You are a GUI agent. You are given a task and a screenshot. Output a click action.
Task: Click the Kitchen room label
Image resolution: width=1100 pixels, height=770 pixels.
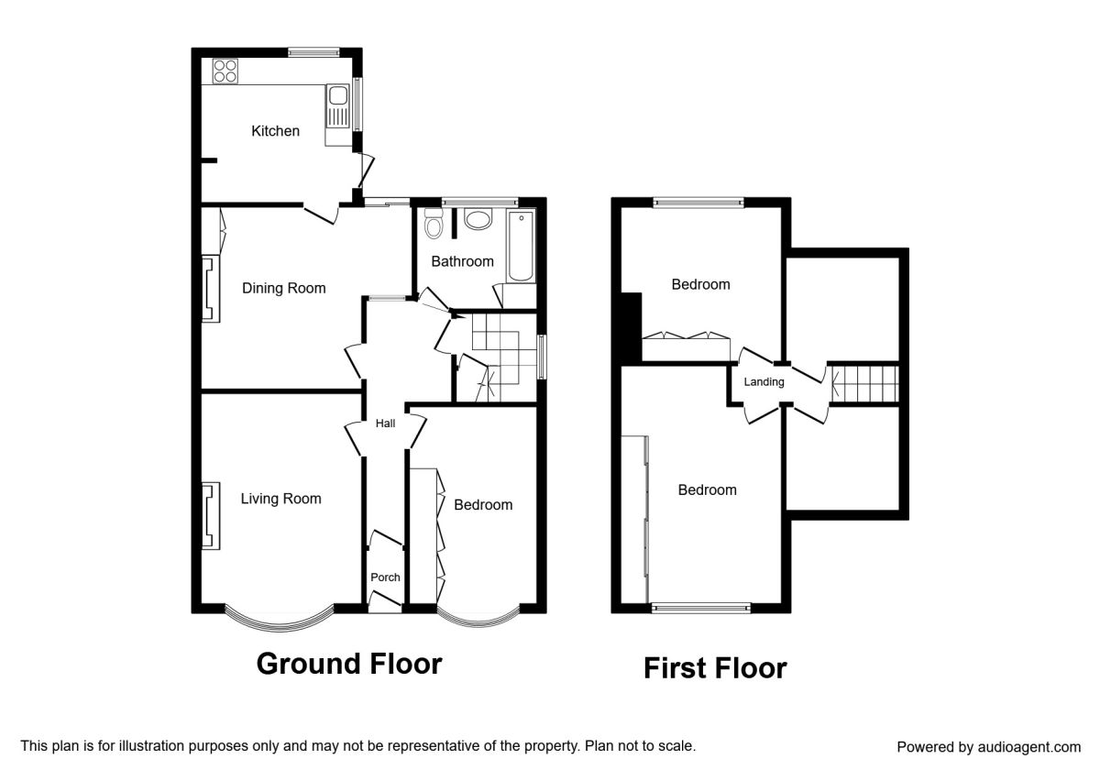click(x=275, y=131)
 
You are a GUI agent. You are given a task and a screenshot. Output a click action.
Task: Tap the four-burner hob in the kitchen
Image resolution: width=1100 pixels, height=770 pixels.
click(x=225, y=71)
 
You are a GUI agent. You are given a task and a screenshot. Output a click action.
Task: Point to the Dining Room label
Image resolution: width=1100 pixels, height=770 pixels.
click(x=284, y=288)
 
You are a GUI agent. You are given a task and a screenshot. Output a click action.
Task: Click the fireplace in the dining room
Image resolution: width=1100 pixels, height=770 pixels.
click(x=211, y=289)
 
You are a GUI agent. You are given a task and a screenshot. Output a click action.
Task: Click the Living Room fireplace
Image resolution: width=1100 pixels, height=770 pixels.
click(x=211, y=515)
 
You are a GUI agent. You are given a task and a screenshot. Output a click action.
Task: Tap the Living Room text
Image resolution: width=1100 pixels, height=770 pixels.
click(x=280, y=499)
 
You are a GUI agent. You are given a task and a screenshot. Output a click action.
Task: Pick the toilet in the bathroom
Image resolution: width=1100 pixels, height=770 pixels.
click(x=433, y=224)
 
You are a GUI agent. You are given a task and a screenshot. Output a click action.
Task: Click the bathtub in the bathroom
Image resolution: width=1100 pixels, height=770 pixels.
click(x=521, y=247)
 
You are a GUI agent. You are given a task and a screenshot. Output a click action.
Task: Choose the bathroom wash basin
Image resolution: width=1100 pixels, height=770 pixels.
click(x=478, y=219)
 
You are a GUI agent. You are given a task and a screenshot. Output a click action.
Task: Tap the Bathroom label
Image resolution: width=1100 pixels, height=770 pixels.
click(x=463, y=262)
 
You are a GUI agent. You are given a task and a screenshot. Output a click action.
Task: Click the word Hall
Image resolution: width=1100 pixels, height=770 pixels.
click(x=386, y=423)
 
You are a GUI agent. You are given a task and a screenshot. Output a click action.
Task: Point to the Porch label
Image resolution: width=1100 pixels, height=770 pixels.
click(x=386, y=577)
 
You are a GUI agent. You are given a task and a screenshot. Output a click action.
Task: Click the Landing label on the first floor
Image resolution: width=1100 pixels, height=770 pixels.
click(x=764, y=382)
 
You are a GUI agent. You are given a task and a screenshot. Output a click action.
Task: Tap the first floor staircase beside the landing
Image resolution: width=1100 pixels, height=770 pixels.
click(x=864, y=384)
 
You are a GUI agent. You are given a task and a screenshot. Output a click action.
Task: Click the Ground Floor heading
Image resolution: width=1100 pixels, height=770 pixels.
click(x=349, y=664)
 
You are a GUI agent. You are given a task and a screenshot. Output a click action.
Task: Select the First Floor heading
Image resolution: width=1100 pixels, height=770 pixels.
click(x=715, y=668)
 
